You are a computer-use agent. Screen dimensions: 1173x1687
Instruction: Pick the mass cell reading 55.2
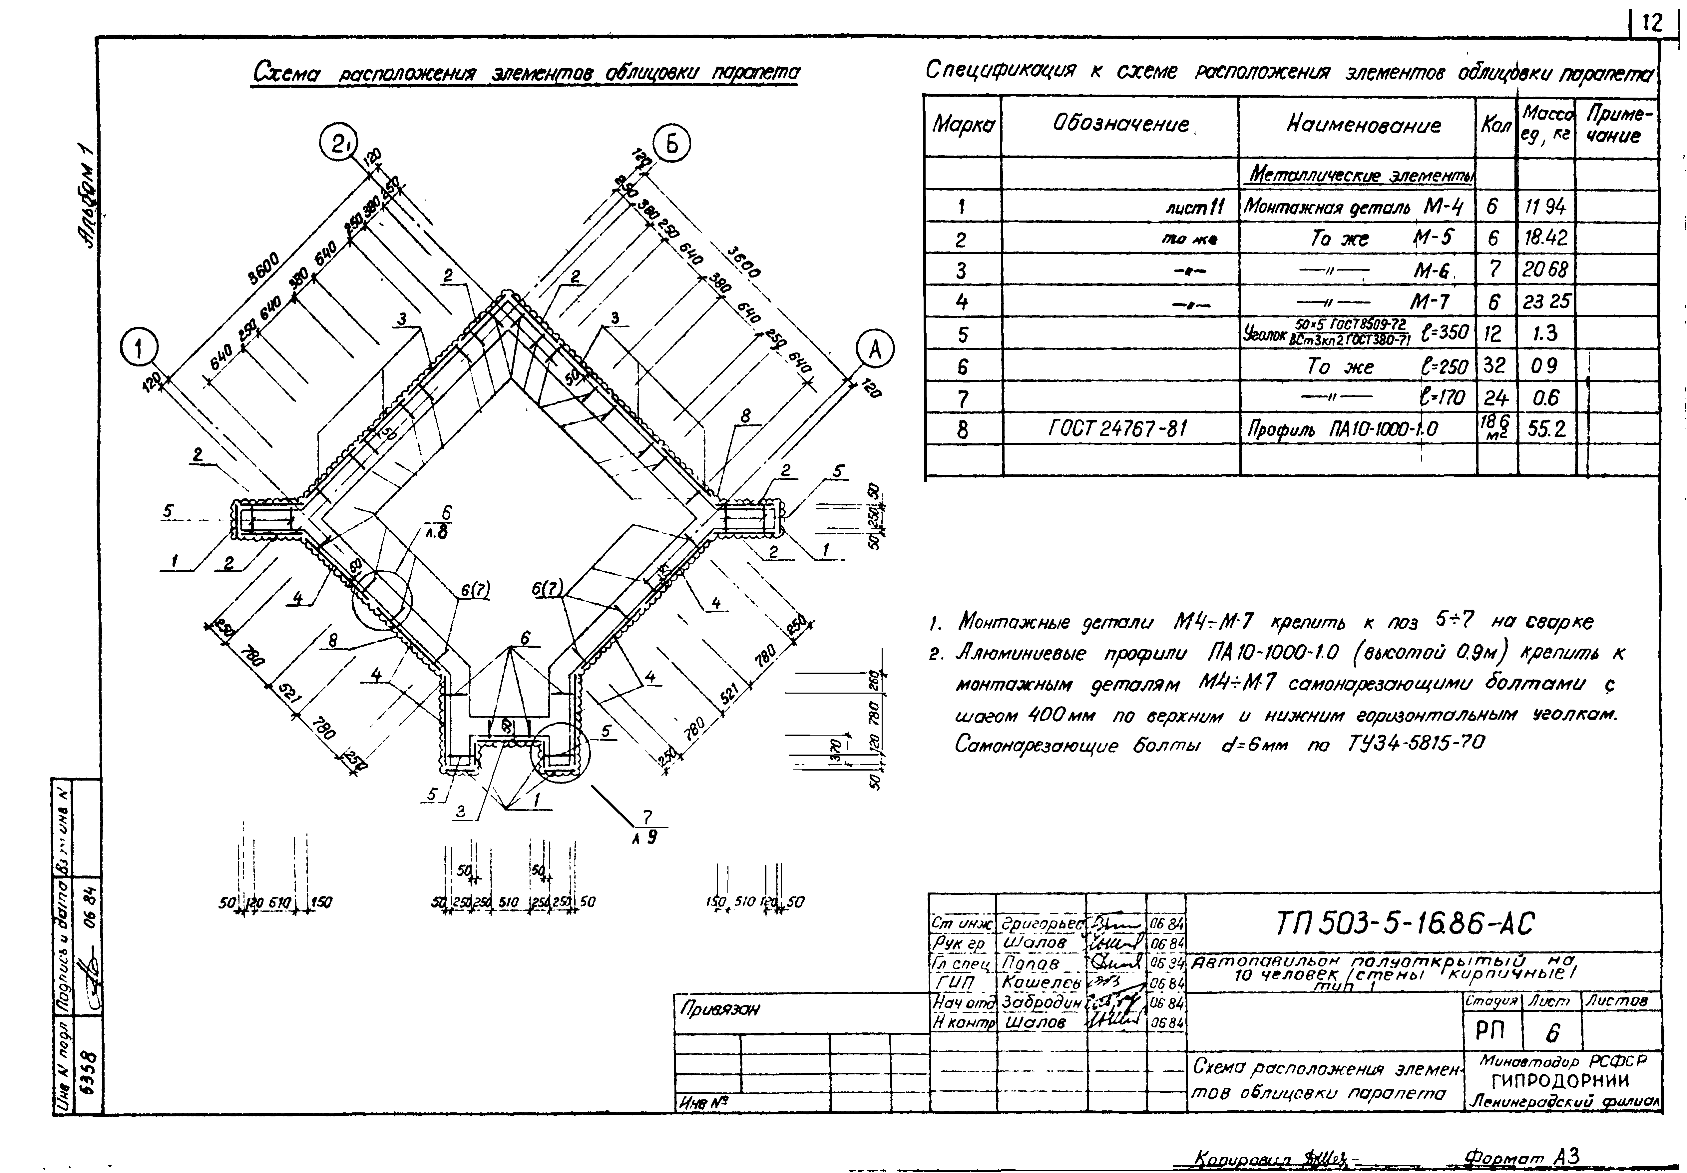[1547, 428]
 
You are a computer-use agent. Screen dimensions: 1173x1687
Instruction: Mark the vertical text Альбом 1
[87, 206]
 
